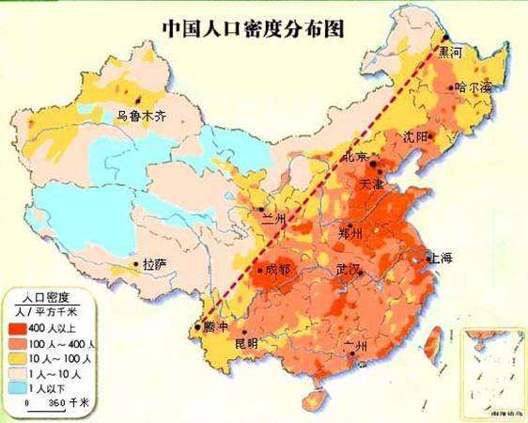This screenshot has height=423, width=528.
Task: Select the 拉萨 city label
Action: (155, 265)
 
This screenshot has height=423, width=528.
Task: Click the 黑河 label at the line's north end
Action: (451, 54)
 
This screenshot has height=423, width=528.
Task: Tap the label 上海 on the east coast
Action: (441, 258)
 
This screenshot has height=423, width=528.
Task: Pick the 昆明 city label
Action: (245, 344)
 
